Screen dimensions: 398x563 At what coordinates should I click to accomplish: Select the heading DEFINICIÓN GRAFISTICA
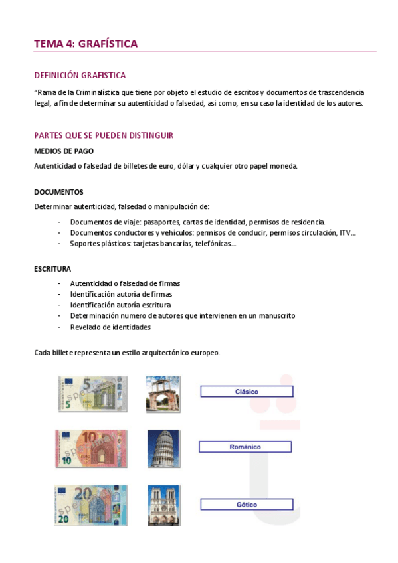tap(80, 76)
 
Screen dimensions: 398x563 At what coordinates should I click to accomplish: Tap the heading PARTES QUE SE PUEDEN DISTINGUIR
tap(104, 135)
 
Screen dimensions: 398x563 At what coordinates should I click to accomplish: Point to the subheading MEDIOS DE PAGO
tap(64, 151)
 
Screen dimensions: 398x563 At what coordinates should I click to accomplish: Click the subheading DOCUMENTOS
tap(58, 192)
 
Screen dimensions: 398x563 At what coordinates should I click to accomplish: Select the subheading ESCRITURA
tap(52, 269)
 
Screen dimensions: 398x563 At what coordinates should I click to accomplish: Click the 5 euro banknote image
tap(92, 394)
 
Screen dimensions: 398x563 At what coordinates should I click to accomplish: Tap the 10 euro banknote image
tap(91, 449)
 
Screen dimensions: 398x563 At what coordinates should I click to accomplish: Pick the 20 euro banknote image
tap(91, 505)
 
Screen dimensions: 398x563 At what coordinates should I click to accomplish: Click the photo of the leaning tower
tap(163, 448)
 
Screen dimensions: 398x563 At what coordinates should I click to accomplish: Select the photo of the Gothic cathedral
tap(163, 505)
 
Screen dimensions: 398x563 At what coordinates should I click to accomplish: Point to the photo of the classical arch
tap(163, 394)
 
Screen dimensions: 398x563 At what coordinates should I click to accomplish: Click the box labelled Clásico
tap(247, 392)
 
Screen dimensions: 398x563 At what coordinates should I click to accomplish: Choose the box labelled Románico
tap(245, 447)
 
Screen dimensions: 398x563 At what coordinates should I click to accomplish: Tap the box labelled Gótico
tap(246, 505)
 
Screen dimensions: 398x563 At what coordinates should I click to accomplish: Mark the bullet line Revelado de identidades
tap(110, 327)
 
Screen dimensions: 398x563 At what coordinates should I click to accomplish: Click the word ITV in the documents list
tap(346, 232)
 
